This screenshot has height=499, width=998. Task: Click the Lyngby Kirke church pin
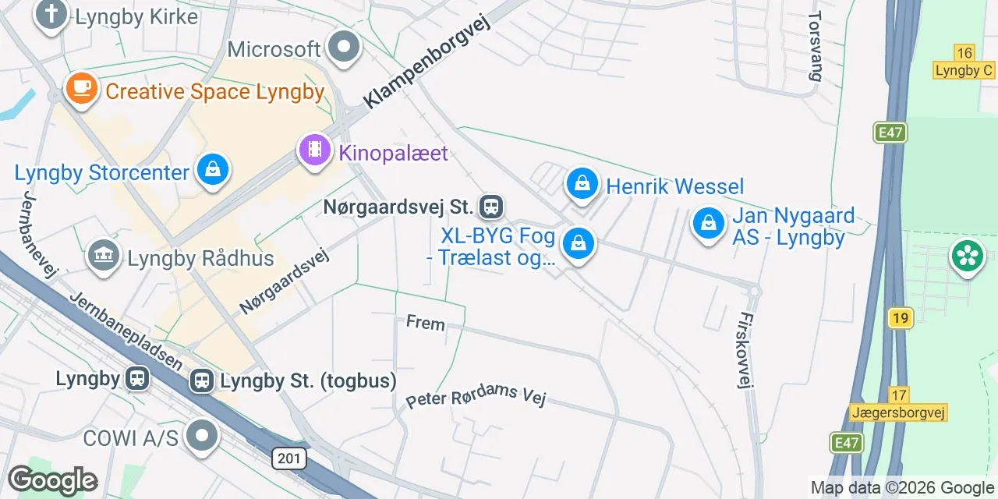51,14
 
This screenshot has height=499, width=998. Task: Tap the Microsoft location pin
343,48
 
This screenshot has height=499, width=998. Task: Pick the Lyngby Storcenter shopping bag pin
212,168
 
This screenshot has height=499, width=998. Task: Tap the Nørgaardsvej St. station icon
491,207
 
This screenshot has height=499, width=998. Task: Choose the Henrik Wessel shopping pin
582,185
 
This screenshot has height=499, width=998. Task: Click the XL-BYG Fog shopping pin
579,243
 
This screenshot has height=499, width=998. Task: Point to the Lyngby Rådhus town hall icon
103,256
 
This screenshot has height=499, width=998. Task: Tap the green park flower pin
967,256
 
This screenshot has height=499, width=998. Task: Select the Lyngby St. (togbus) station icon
202,381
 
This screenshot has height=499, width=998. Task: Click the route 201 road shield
289,458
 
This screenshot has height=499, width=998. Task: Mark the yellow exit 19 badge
900,317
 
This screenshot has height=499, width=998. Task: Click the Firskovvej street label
746,350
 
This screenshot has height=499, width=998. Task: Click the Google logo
52,481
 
